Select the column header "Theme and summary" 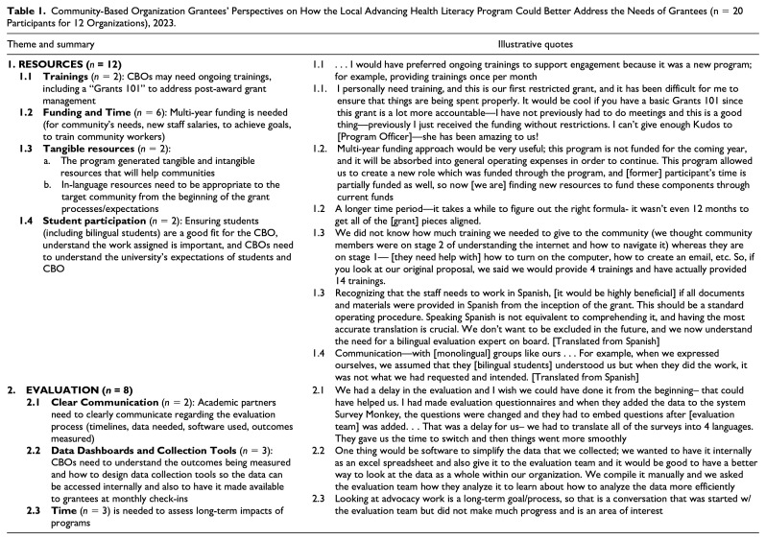pos(39,45)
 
